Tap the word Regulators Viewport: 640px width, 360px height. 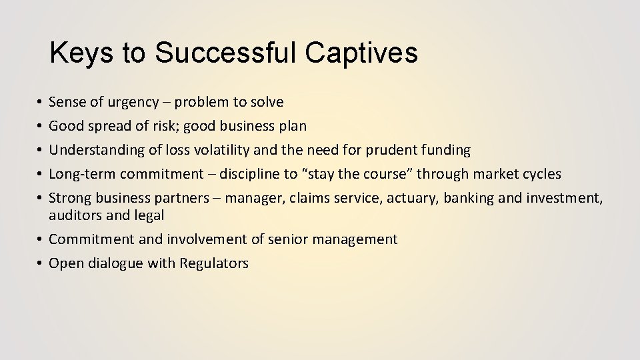214,263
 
